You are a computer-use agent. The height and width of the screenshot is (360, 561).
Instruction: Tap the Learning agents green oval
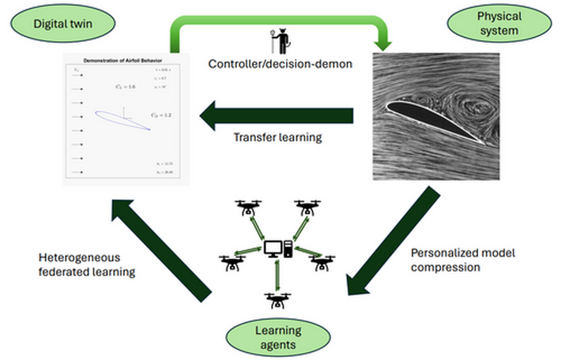pyautogui.click(x=280, y=338)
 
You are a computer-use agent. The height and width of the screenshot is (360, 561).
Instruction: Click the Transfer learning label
pyautogui.click(x=277, y=137)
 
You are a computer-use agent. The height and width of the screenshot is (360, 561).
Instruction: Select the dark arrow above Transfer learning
pyautogui.click(x=277, y=117)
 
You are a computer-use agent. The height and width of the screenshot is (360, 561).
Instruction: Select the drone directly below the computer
pyautogui.click(x=277, y=299)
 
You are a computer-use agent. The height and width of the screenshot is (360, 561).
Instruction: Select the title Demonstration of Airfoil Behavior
pyautogui.click(x=122, y=60)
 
